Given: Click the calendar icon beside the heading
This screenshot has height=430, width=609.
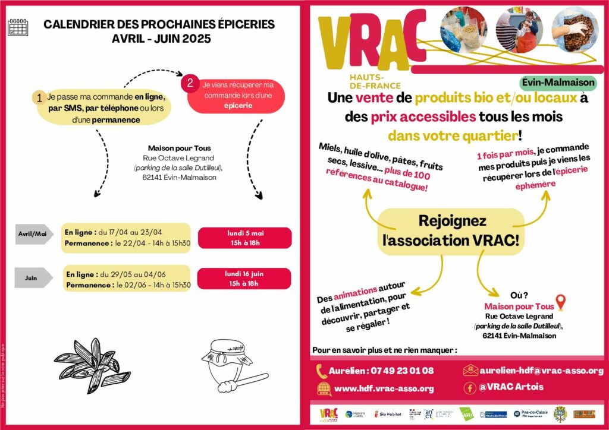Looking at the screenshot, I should [18, 27].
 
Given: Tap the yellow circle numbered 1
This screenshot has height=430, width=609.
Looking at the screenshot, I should [39, 98].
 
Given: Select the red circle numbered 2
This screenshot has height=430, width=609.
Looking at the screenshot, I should [190, 83].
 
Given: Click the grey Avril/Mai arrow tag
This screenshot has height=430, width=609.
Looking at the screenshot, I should [33, 233].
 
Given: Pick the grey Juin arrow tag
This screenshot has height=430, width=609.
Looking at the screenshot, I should [33, 277].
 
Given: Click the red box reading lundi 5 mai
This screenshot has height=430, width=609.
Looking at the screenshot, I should [244, 238].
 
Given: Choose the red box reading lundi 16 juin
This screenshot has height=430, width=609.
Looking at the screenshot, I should [244, 279].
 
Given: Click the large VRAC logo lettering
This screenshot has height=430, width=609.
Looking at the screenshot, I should [372, 42].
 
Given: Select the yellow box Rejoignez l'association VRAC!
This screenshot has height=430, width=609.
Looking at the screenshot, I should [452, 230].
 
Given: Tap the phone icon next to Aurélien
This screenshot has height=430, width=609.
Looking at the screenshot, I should [322, 371].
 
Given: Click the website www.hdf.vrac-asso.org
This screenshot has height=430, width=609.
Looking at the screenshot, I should [384, 388].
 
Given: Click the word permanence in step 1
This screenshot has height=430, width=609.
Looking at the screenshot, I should [116, 120].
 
